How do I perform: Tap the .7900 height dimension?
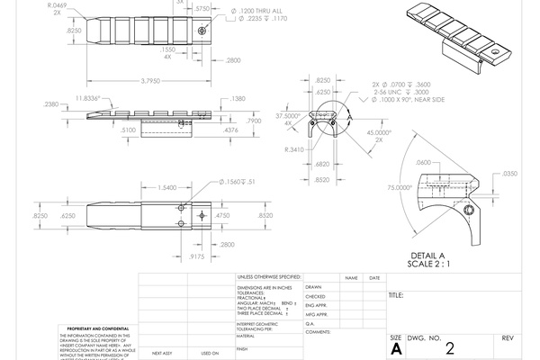click(254, 119)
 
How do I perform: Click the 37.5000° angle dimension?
click(287, 116)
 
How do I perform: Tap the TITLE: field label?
click(396, 295)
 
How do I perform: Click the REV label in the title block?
click(507, 337)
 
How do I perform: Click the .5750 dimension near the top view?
click(202, 8)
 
